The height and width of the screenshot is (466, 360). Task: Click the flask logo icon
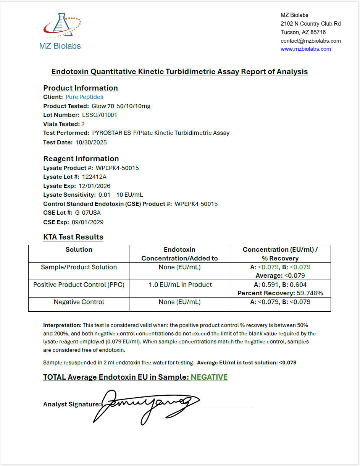61,27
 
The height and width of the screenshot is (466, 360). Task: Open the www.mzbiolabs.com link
305,49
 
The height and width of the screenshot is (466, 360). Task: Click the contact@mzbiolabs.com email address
310,40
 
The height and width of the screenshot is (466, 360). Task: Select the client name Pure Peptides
84,97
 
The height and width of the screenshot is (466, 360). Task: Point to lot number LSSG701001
100,115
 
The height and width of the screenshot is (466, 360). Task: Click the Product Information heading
81,88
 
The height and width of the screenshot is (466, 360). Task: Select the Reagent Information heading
81,159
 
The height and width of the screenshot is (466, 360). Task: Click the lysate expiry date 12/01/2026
94,186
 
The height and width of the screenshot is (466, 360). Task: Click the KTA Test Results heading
73,237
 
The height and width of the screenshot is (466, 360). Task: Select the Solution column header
79,249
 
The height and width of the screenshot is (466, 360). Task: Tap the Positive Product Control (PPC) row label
79,285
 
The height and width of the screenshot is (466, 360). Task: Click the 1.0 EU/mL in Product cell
180,285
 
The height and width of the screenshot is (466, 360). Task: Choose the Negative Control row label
79,302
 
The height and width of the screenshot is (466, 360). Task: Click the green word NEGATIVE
209,377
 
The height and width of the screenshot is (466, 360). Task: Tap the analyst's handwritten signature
145,405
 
